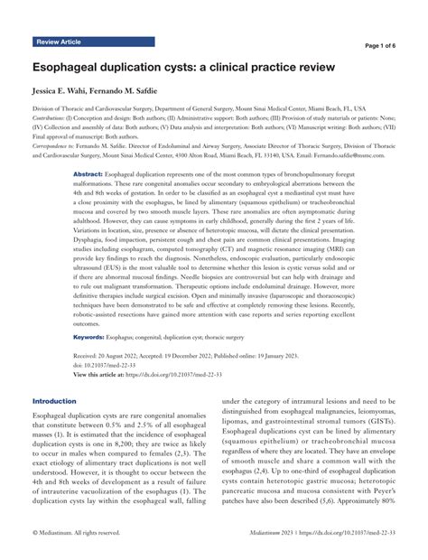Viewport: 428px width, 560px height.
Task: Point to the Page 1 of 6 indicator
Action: pos(390,45)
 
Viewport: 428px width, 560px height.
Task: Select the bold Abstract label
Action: pos(88,173)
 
